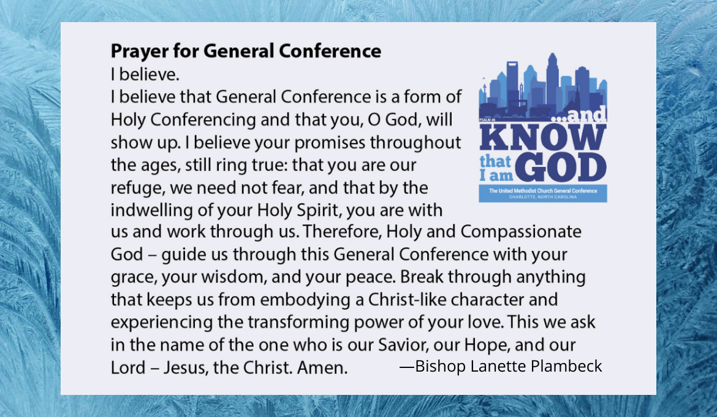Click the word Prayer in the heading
pyautogui.click(x=140, y=52)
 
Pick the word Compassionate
pyautogui.click(x=521, y=232)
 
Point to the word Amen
pyautogui.click(x=322, y=367)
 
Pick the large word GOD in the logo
pyautogui.click(x=561, y=167)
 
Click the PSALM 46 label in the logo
pyautogui.click(x=487, y=120)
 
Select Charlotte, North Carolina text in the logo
pyautogui.click(x=543, y=197)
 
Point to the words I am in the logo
pyautogui.click(x=496, y=176)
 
